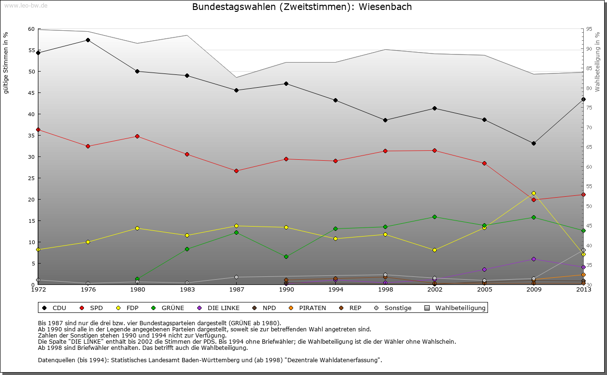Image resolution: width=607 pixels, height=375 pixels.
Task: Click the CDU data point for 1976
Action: click(88, 40)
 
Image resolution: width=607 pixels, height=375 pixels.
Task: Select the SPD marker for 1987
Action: click(236, 171)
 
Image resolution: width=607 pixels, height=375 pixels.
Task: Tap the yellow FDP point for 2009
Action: click(533, 193)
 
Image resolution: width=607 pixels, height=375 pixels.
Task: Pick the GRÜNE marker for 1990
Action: click(286, 256)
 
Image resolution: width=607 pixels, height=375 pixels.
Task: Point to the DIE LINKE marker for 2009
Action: click(533, 259)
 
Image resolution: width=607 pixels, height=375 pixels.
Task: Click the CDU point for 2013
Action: click(583, 99)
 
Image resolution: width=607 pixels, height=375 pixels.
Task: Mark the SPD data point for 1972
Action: click(38, 129)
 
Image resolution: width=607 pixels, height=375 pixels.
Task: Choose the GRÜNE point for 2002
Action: click(434, 217)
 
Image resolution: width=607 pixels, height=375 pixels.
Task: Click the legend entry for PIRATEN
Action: click(308, 308)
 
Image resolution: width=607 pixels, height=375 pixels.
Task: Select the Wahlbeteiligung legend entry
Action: click(456, 308)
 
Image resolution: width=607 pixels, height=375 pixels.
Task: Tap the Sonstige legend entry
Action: click(393, 308)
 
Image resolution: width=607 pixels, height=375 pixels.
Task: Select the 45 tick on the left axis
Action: click(31, 93)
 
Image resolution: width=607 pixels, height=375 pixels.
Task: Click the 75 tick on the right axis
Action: click(589, 108)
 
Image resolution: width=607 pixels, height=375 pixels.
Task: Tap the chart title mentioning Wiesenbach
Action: click(302, 7)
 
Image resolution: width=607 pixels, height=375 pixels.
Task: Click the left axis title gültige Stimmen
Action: click(6, 63)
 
